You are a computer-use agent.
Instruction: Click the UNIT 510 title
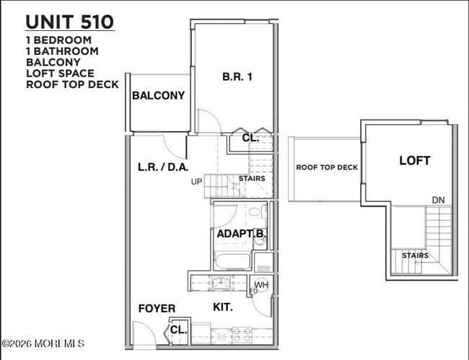point(70,21)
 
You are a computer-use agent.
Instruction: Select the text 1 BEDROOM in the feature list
point(59,40)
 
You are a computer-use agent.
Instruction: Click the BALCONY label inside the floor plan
point(158,95)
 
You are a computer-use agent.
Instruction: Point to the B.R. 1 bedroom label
point(237,76)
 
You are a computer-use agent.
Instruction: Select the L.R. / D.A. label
point(163,167)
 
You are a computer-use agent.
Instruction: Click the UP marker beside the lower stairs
point(196,182)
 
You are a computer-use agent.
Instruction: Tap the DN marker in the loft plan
point(438,200)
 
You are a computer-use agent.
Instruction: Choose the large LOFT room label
point(414,161)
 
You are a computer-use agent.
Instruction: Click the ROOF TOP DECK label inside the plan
point(327,167)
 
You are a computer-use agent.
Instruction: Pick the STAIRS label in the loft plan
point(415,255)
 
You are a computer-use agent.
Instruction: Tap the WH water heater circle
point(261,285)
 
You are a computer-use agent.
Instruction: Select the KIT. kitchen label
point(223,307)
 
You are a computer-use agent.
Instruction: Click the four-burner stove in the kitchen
point(240,334)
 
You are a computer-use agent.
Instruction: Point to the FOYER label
point(157,309)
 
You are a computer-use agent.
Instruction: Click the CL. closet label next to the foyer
point(178,330)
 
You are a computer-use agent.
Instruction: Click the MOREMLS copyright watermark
point(43,343)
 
